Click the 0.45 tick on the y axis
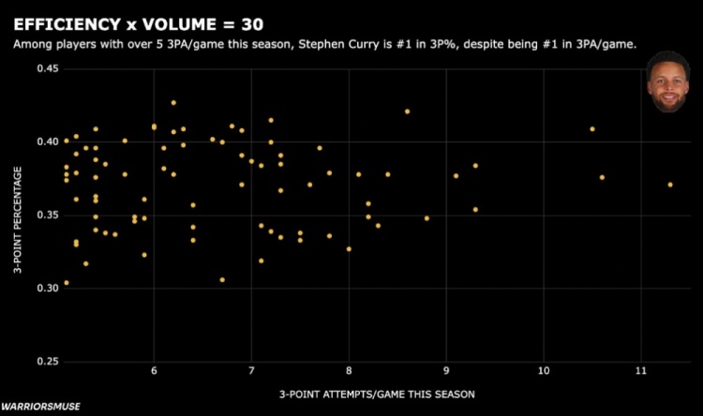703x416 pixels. click(x=46, y=69)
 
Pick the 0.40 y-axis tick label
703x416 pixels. click(x=46, y=141)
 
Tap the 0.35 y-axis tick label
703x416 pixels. click(x=46, y=215)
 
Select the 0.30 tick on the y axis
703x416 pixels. click(x=46, y=288)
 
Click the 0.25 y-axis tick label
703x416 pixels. click(x=46, y=361)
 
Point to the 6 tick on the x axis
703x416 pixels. click(x=154, y=371)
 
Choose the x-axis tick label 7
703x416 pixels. click(x=251, y=371)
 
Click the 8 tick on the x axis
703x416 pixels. click(x=349, y=371)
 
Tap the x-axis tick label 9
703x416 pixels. click(x=446, y=371)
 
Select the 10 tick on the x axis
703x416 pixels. click(x=544, y=371)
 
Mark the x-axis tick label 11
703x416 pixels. click(x=640, y=371)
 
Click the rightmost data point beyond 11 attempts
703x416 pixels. click(x=670, y=185)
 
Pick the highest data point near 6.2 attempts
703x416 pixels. click(x=173, y=102)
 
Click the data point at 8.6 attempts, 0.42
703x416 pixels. click(x=407, y=111)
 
